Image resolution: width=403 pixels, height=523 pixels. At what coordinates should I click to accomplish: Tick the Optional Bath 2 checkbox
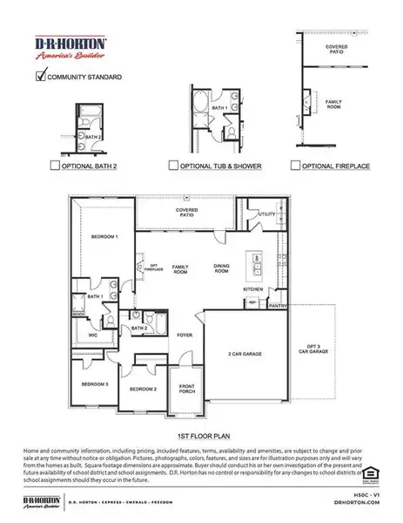(x=55, y=163)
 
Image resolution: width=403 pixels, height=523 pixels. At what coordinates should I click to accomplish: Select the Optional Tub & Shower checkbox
(x=173, y=163)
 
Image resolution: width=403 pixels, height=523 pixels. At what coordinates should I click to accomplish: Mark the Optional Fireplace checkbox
(x=296, y=163)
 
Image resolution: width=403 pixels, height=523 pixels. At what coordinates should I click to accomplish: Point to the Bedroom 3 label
(x=95, y=384)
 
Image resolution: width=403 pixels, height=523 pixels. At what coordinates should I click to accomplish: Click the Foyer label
(x=185, y=334)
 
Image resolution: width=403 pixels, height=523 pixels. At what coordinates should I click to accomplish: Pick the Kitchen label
(x=252, y=288)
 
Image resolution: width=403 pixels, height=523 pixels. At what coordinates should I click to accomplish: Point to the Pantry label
(x=278, y=306)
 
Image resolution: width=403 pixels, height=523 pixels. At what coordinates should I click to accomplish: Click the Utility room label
(x=266, y=213)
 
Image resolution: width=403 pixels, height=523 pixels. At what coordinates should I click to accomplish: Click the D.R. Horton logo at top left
(x=70, y=47)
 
